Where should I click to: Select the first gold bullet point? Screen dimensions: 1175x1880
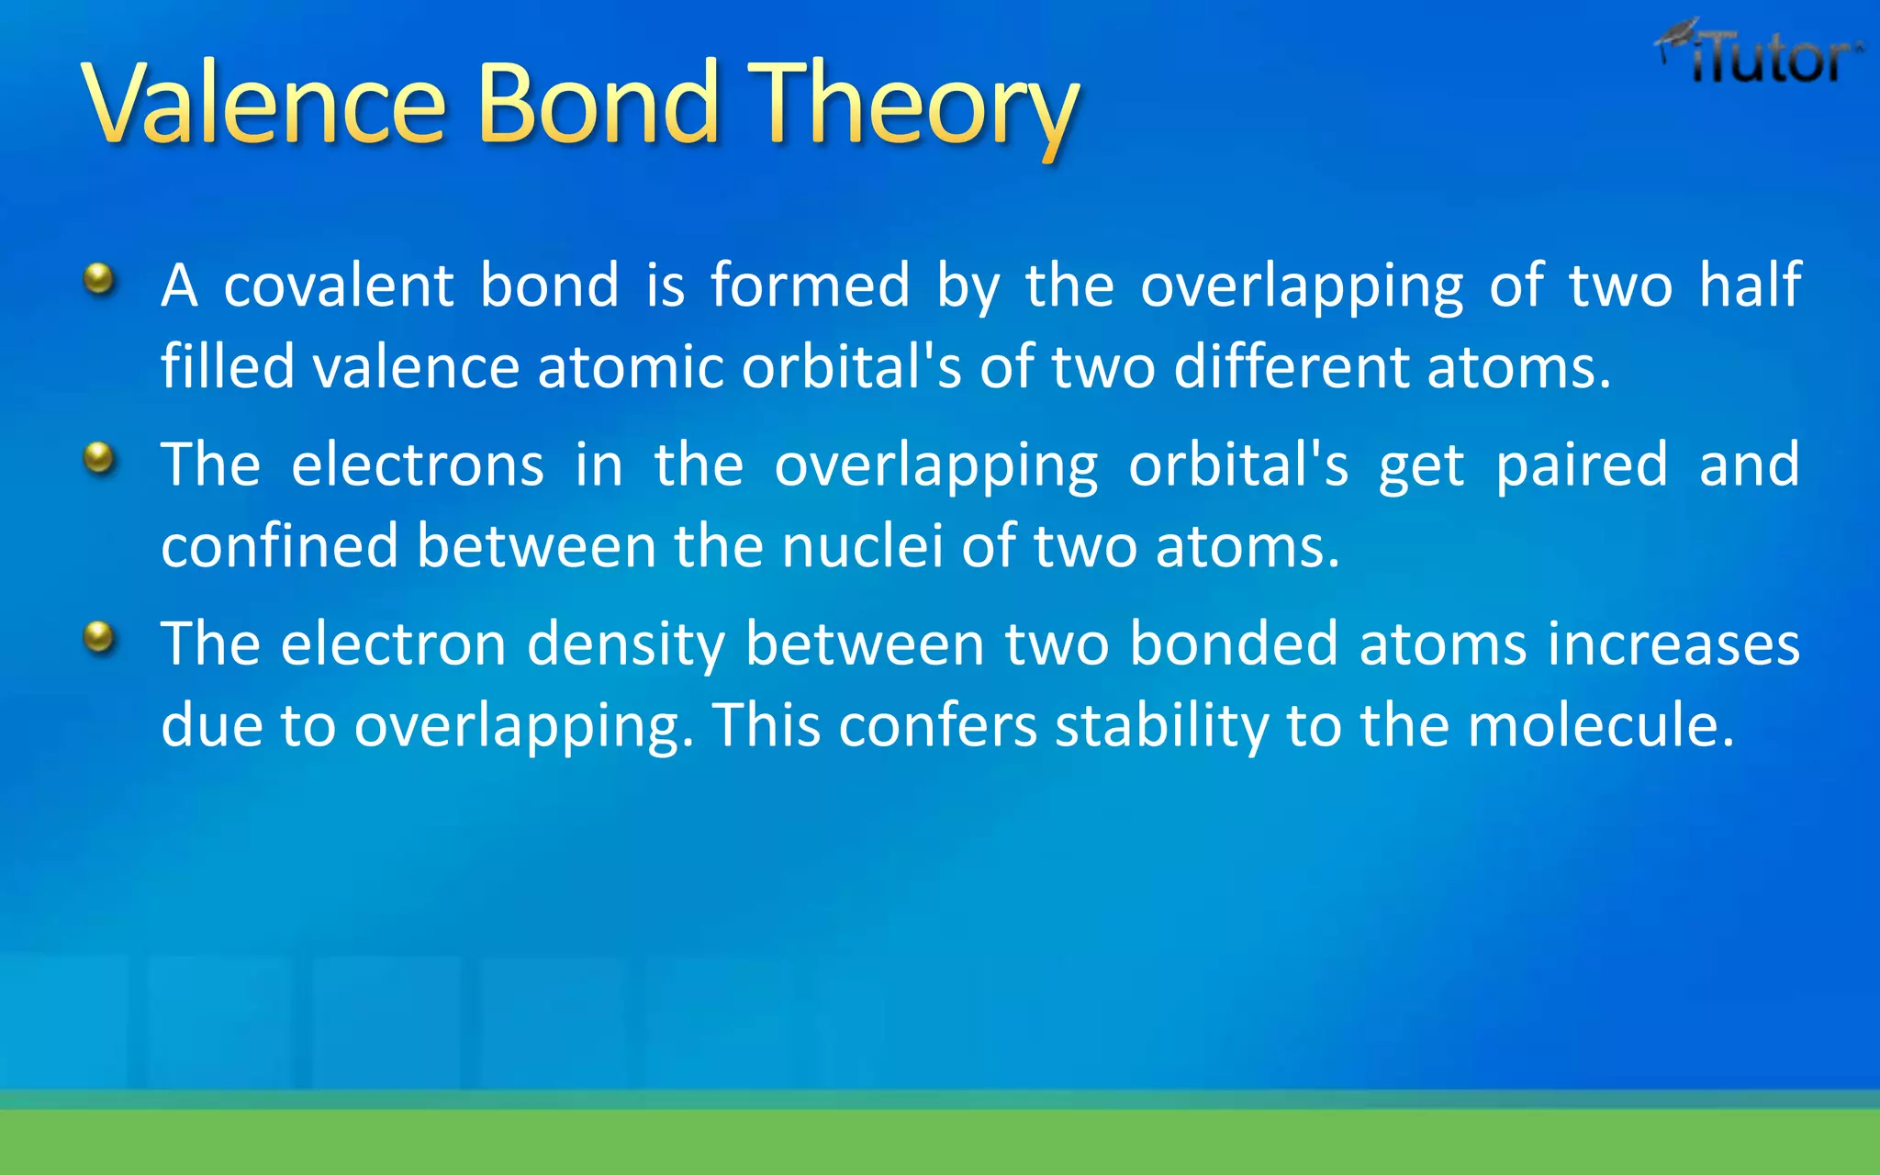[x=99, y=278]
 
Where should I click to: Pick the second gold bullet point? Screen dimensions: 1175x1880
[x=99, y=457]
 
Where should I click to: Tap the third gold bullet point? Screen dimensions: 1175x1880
[x=99, y=636]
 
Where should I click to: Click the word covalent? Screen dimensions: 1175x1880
[x=338, y=285]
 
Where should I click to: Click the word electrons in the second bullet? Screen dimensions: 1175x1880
[x=418, y=464]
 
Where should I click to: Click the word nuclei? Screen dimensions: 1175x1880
[x=862, y=546]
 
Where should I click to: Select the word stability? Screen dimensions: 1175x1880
[x=1161, y=725]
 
